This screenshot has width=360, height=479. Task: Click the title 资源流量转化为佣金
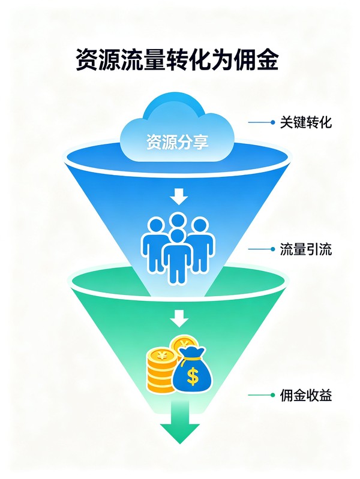click(x=178, y=59)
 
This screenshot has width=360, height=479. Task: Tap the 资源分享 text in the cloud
click(x=178, y=141)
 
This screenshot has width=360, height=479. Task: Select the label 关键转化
click(x=306, y=122)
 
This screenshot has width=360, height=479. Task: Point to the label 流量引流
click(x=306, y=249)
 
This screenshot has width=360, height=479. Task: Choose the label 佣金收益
click(x=306, y=395)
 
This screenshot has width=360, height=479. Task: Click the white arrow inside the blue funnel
click(x=179, y=197)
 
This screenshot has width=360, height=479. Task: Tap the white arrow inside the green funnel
click(x=179, y=318)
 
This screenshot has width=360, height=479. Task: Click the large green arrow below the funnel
click(x=180, y=423)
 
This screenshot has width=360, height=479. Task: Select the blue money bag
click(x=193, y=370)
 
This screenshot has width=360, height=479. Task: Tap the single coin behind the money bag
click(x=183, y=344)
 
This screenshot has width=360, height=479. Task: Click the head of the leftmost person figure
click(x=156, y=225)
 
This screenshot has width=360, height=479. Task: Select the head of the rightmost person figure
click(x=200, y=227)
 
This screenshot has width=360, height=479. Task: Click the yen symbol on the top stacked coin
click(x=161, y=356)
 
